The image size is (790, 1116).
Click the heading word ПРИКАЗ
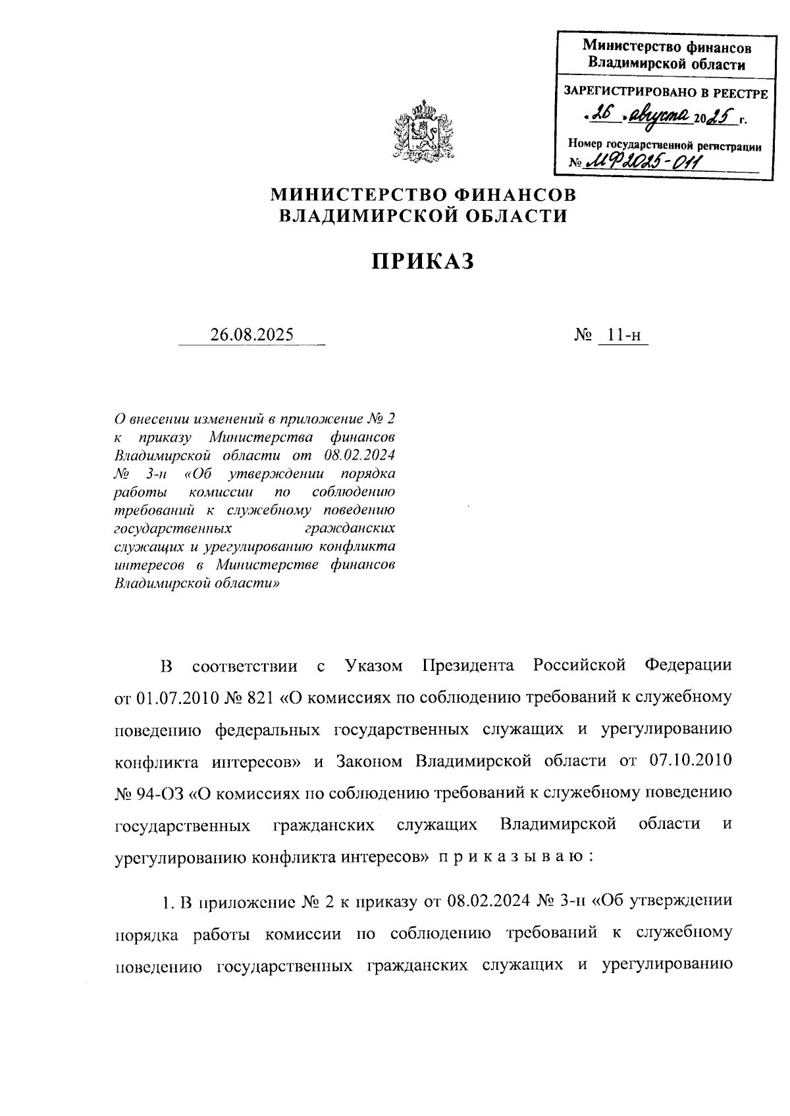(423, 261)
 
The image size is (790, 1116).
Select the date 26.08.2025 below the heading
(252, 334)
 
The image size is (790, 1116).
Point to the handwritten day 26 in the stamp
(600, 115)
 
